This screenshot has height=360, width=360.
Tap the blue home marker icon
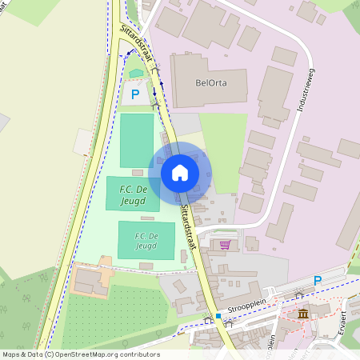(180, 173)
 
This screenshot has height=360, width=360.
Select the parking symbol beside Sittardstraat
(135, 94)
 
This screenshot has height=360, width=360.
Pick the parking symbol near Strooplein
(317, 281)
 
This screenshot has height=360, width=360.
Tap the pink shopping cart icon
(226, 245)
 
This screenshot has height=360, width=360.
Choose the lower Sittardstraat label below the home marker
(187, 229)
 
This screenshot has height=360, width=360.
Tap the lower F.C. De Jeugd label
(146, 241)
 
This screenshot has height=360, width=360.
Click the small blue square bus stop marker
(218, 316)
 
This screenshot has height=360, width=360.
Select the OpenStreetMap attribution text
(80, 354)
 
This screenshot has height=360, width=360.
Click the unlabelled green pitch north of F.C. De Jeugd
(136, 140)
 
